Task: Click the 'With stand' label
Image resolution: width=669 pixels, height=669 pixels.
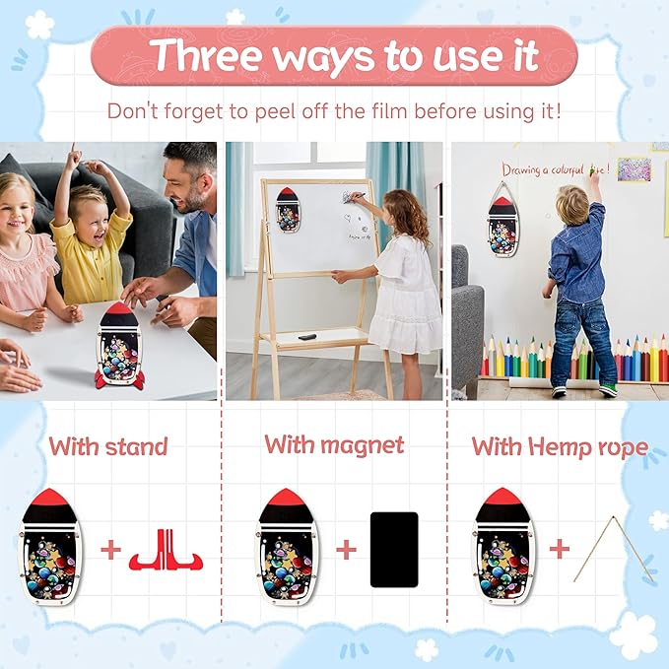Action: (x=108, y=446)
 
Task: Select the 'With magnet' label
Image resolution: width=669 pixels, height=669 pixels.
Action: (x=334, y=444)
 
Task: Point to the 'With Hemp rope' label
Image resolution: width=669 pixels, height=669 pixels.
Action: (x=559, y=446)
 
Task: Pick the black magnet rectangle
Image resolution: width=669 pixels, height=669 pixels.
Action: (x=393, y=550)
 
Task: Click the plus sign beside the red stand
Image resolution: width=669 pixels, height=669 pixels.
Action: (x=112, y=550)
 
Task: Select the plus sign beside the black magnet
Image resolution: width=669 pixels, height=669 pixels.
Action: (x=346, y=550)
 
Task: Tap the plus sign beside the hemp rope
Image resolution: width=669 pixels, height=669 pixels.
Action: (x=560, y=549)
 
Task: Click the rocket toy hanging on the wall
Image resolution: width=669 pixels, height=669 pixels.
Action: (x=502, y=222)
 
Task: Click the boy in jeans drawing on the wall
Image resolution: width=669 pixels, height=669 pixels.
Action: (x=581, y=286)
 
